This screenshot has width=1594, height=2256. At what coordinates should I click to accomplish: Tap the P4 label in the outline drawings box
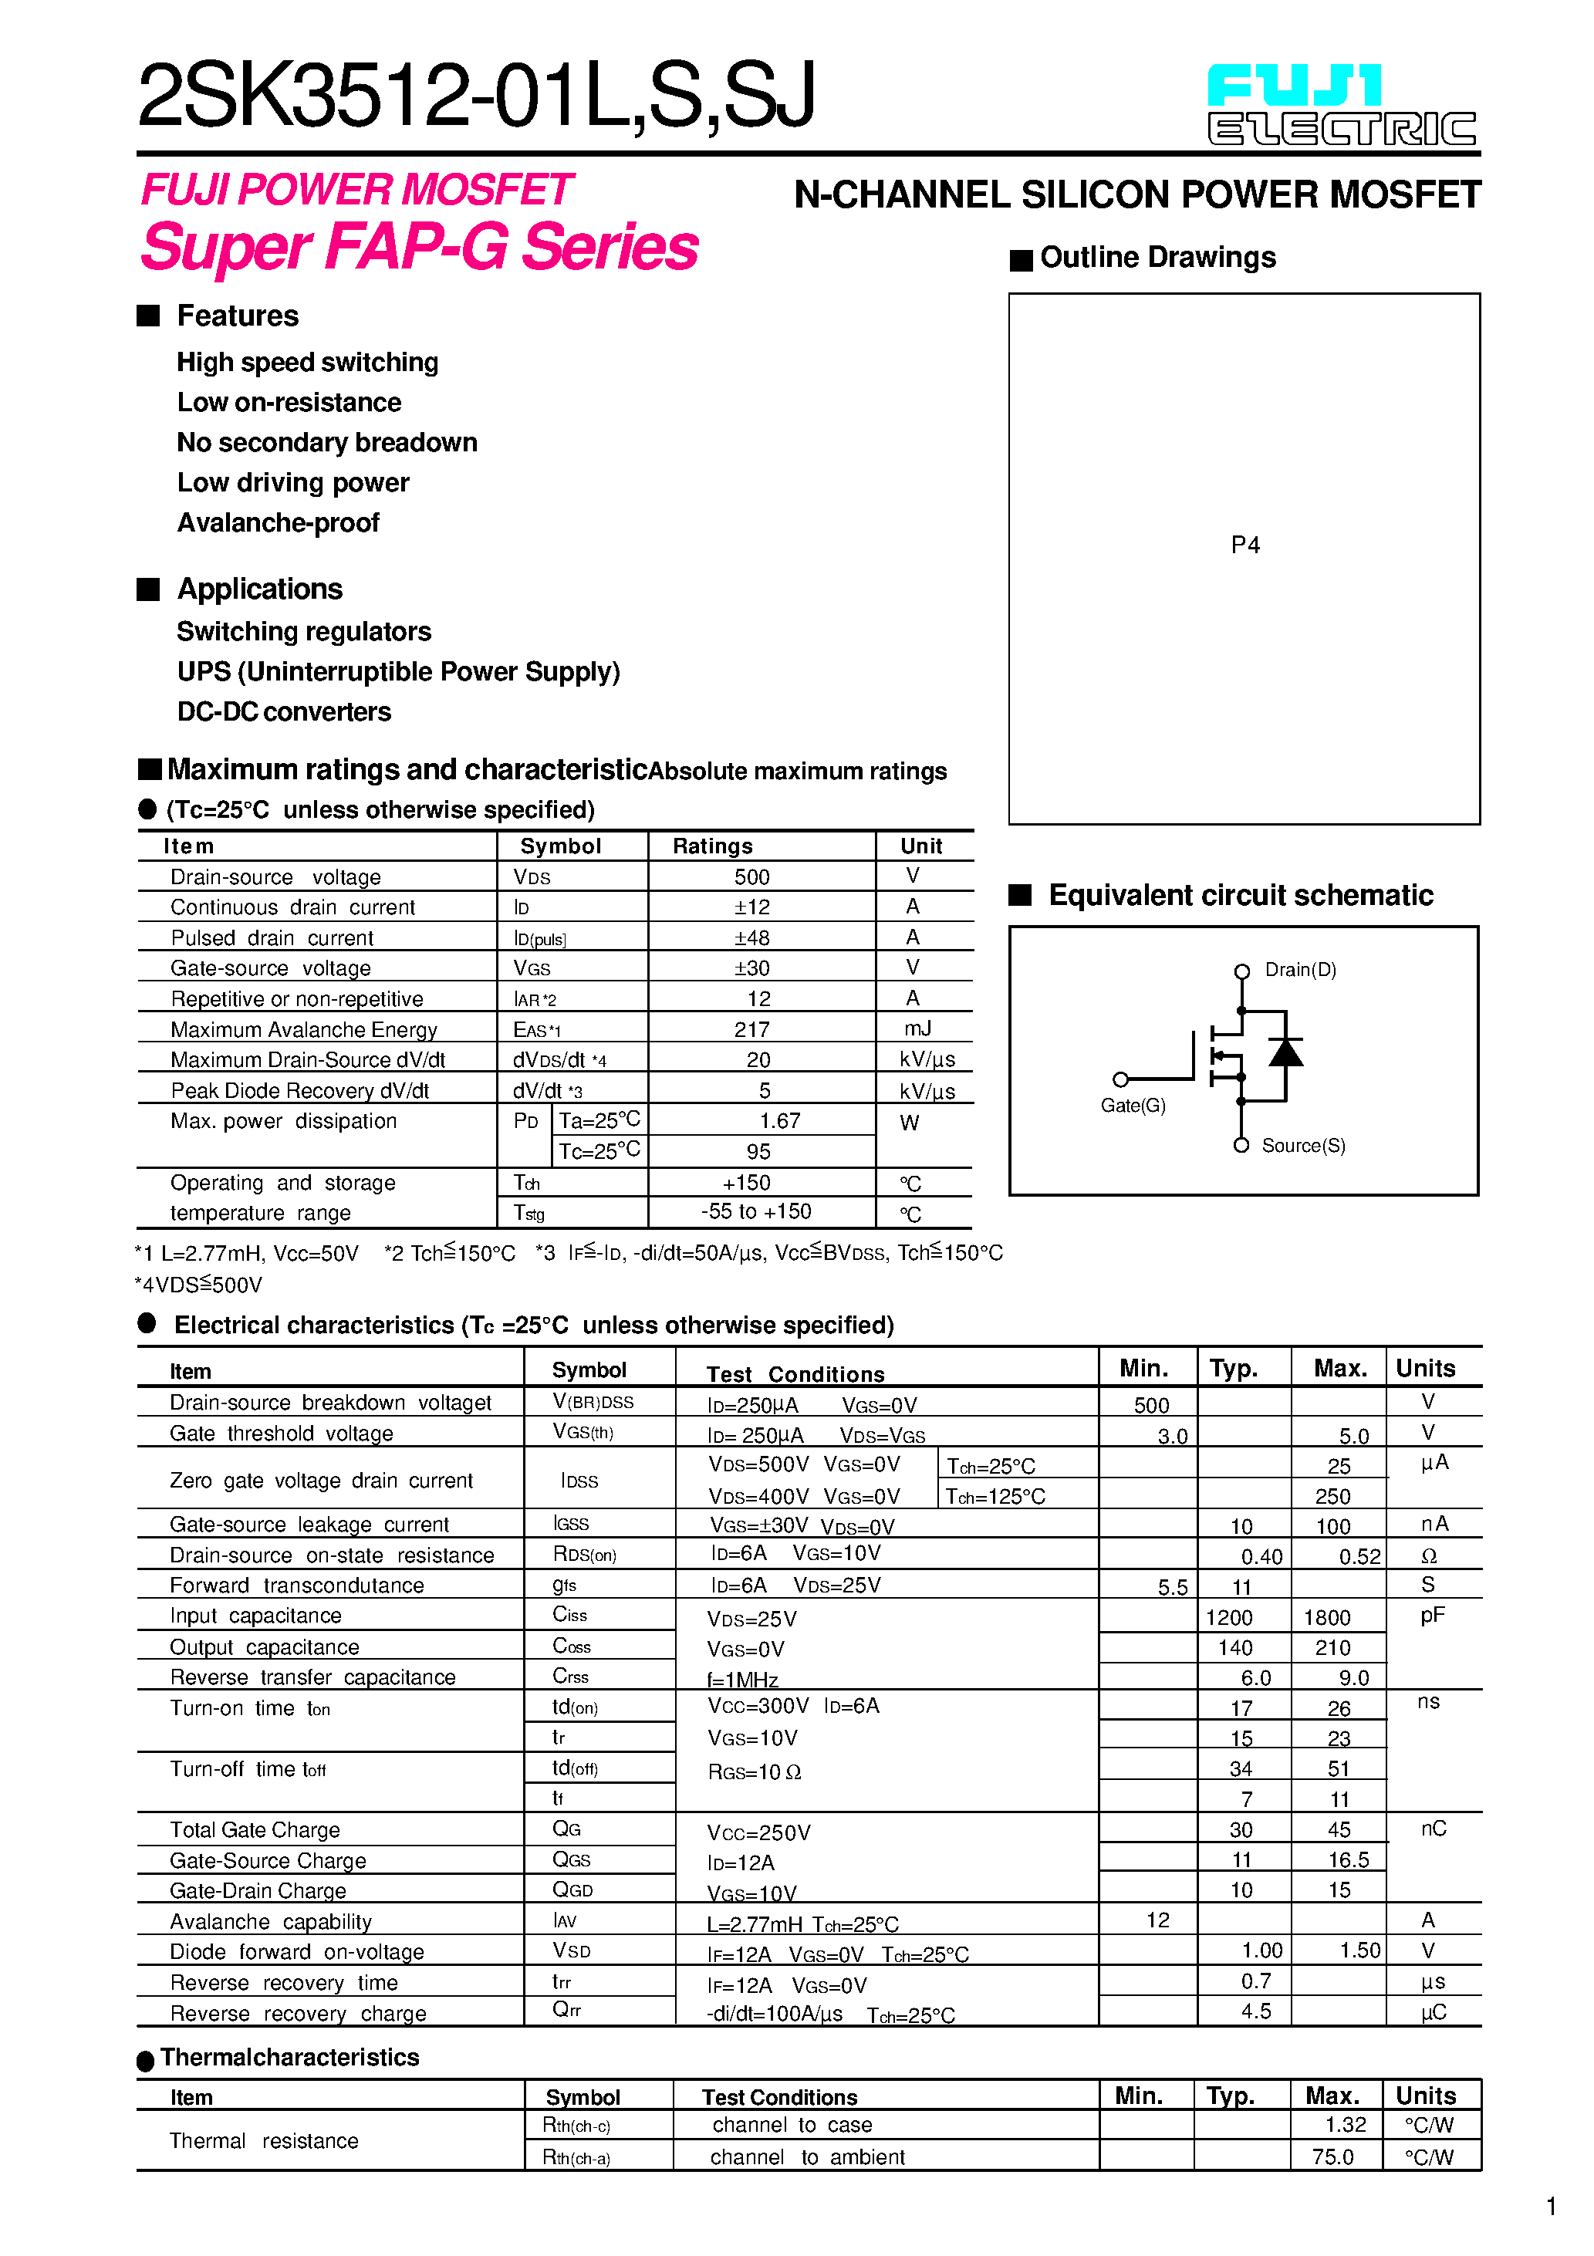pos(1245,545)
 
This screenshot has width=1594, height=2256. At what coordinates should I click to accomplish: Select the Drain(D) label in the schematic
pos(1299,970)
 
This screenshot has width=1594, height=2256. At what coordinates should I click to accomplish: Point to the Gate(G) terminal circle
pos(1120,1079)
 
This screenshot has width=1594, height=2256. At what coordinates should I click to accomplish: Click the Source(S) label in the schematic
pos(1303,1146)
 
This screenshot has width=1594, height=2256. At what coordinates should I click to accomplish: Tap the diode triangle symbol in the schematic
pos(1285,1052)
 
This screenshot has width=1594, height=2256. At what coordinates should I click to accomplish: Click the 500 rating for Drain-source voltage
pos(751,876)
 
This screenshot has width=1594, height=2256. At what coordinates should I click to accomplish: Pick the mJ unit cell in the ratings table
pos(917,1028)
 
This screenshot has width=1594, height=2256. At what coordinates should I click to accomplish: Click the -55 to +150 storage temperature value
pos(756,1211)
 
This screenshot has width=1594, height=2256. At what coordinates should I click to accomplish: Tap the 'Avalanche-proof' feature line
pos(278,523)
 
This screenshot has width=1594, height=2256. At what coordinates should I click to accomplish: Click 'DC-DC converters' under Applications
pos(284,711)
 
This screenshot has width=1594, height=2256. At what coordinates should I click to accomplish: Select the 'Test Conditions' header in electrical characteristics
pos(795,1373)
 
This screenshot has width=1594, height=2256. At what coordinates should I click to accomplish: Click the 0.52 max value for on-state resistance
pos(1359,1556)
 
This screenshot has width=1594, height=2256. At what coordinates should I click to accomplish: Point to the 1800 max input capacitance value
pos(1327,1617)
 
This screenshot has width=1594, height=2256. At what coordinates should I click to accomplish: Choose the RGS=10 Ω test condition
pos(754,1772)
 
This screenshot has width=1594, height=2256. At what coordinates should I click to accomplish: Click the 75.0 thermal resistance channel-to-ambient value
pos(1332,2156)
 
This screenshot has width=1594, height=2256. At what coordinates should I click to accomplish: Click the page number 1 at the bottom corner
pos(1551,2207)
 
